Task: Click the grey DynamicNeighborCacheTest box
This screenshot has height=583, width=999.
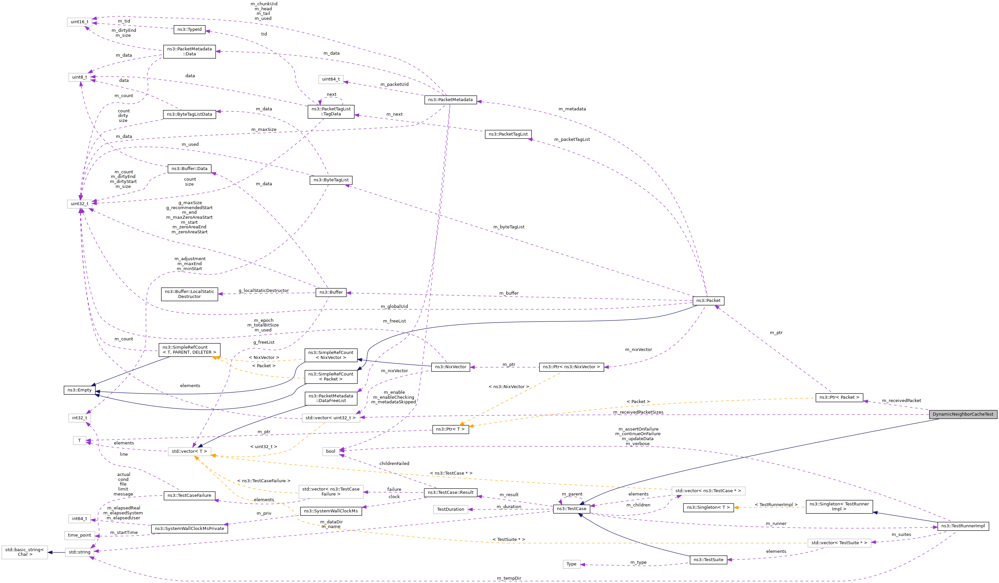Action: (x=963, y=414)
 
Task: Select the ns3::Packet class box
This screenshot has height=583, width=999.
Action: (x=708, y=300)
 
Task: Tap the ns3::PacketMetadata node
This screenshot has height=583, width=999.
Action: (x=450, y=100)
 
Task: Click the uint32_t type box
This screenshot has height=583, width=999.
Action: (x=80, y=204)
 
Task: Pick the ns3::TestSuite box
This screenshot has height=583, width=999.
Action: (x=708, y=559)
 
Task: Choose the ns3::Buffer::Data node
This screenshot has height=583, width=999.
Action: (x=189, y=169)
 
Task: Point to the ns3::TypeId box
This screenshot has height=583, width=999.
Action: (x=189, y=29)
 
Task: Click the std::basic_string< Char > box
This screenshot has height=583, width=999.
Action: (x=25, y=552)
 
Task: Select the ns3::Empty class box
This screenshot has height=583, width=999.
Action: (x=79, y=390)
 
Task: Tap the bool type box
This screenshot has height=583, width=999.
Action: (x=330, y=451)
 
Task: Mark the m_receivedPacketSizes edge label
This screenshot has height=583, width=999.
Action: (x=638, y=412)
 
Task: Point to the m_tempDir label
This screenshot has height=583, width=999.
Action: (x=509, y=578)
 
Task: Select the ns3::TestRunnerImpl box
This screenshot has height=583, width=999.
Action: (x=963, y=526)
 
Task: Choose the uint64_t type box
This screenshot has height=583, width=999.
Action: (x=330, y=79)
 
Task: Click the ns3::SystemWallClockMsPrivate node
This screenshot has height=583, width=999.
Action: (x=189, y=529)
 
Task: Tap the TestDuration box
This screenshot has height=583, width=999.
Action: (x=450, y=509)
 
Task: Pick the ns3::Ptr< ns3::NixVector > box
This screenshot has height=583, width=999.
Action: (x=571, y=367)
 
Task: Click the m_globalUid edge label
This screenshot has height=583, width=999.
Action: (x=394, y=306)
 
